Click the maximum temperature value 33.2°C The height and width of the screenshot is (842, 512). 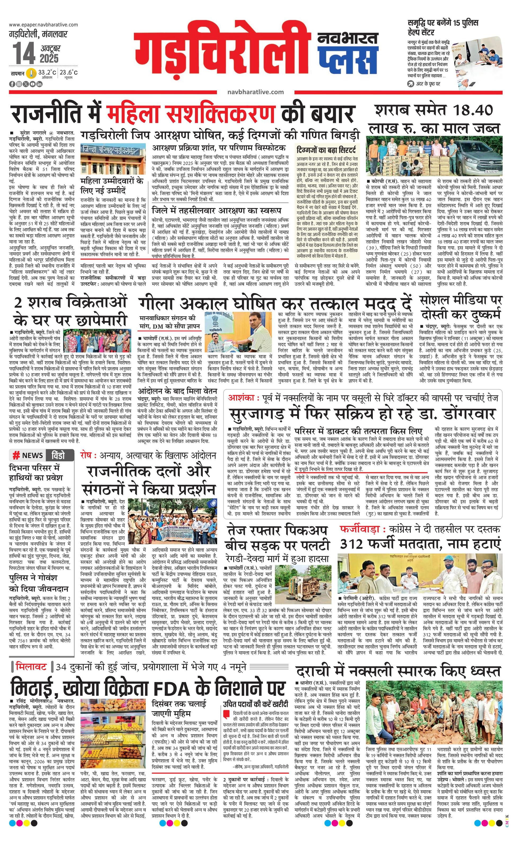[x=47, y=72]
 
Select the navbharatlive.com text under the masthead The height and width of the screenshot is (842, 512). [x=255, y=92]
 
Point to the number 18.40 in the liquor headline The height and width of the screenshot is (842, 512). [x=473, y=110]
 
